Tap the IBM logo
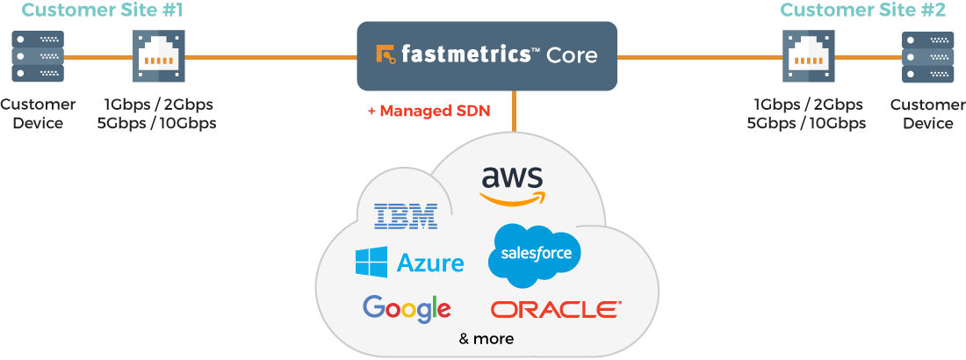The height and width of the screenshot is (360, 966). click(405, 216)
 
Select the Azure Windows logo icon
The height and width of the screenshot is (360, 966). click(371, 263)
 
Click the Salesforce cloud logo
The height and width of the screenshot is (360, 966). click(535, 255)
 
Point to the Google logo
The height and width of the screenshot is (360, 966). click(407, 308)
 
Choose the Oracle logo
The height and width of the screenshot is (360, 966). click(556, 309)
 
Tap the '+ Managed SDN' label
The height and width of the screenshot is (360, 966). click(429, 112)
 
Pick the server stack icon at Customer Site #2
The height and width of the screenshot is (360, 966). click(927, 56)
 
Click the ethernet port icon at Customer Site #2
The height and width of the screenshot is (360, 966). click(809, 56)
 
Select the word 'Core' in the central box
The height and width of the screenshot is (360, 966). click(572, 55)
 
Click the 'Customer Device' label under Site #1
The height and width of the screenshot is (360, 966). click(38, 113)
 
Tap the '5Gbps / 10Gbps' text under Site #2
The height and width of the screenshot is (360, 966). click(806, 123)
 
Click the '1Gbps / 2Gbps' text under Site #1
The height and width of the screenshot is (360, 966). click(157, 104)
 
